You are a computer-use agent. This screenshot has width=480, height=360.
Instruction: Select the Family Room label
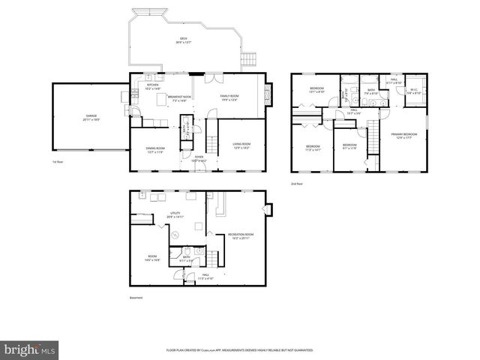229,98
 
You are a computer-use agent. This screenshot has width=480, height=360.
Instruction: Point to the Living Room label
241,145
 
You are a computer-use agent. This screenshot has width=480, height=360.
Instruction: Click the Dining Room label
155,150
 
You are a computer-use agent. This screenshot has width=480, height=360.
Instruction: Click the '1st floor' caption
57,161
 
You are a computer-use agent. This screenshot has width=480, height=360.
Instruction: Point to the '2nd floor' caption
297,183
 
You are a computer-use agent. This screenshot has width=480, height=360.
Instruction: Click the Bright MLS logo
30,349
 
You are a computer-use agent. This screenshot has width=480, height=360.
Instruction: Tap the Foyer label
199,160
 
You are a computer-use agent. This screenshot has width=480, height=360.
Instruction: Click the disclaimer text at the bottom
239,350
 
